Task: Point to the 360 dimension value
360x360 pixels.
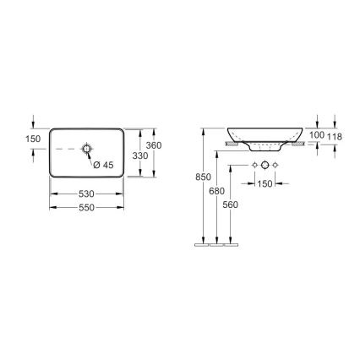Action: (x=154, y=145)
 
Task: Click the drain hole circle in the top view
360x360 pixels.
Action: (x=86, y=150)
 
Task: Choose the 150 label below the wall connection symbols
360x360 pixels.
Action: (x=265, y=183)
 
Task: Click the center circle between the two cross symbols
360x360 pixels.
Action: (x=265, y=163)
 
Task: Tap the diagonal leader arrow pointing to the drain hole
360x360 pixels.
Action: (x=91, y=157)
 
